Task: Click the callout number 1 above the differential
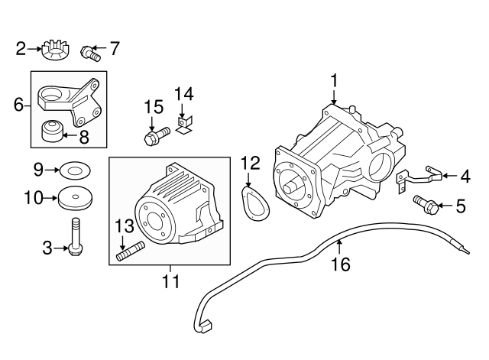(333, 80)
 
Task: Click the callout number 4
(465, 177)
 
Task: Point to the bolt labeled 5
(428, 204)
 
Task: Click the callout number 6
(18, 104)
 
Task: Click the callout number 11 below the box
(170, 282)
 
